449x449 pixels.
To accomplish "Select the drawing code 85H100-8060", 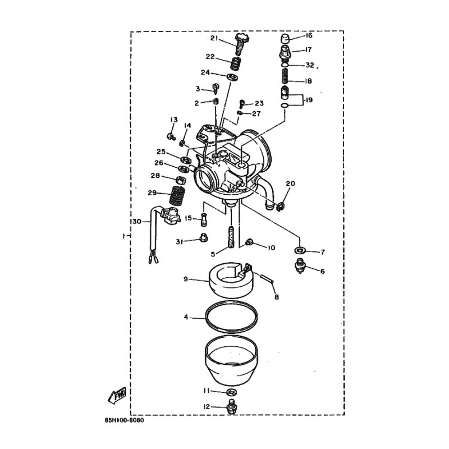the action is click(x=124, y=420).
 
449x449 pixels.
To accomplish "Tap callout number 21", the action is click(x=215, y=38).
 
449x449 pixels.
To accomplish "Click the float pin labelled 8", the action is click(x=267, y=277).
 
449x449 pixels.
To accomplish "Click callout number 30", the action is click(x=137, y=222).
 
